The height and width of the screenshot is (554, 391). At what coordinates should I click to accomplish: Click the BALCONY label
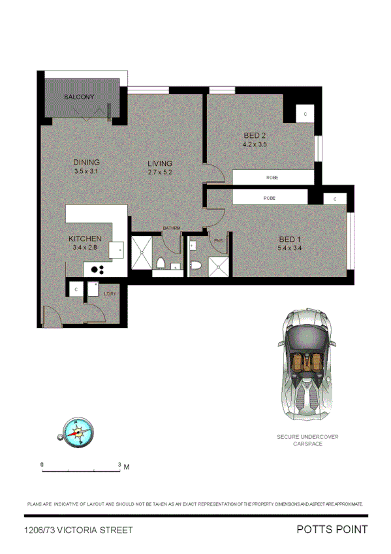(x=80, y=97)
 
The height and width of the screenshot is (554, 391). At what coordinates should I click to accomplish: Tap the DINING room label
(x=86, y=163)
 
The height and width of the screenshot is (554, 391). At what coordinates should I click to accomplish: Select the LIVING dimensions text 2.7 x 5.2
(x=159, y=172)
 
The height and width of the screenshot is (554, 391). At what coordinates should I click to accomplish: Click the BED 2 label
(x=255, y=136)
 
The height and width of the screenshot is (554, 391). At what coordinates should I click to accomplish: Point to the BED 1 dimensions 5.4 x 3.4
(x=290, y=248)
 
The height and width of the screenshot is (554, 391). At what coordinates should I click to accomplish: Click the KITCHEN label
(x=85, y=238)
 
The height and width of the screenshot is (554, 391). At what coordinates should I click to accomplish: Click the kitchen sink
(x=118, y=250)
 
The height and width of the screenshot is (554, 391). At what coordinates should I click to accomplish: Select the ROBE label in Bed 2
(x=272, y=178)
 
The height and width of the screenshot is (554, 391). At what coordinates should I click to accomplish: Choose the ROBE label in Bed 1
(x=269, y=197)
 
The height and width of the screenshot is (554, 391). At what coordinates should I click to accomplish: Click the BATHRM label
(x=172, y=228)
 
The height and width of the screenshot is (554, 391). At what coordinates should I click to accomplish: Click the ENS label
(x=218, y=241)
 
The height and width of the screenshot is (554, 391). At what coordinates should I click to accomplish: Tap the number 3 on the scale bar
(x=119, y=464)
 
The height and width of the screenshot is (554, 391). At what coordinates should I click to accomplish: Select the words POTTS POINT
(x=332, y=530)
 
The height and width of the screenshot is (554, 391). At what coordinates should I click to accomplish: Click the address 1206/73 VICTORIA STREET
(x=78, y=530)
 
